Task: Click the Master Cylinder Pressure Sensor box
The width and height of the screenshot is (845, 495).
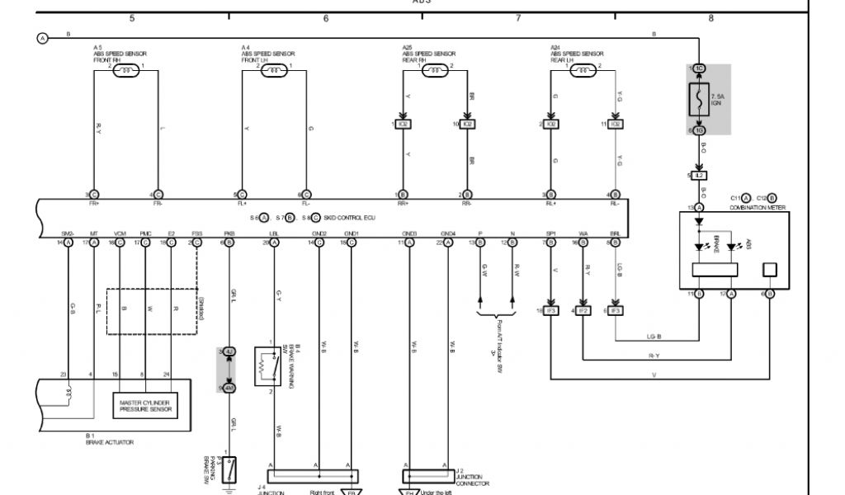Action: click(x=145, y=404)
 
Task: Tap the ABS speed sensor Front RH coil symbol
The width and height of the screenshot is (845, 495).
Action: click(x=128, y=71)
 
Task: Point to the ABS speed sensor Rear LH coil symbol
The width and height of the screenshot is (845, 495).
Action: click(x=584, y=71)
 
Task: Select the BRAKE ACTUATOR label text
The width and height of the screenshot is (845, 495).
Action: click(x=109, y=442)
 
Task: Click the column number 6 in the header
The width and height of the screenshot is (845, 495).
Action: click(x=326, y=17)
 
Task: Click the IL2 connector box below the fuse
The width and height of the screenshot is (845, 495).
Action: click(x=699, y=176)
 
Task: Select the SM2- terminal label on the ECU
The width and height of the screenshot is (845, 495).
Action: click(x=68, y=233)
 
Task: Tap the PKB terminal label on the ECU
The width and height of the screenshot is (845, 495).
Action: click(x=229, y=233)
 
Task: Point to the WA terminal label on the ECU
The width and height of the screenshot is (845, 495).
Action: click(x=583, y=233)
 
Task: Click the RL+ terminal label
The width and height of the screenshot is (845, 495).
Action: click(x=551, y=203)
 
